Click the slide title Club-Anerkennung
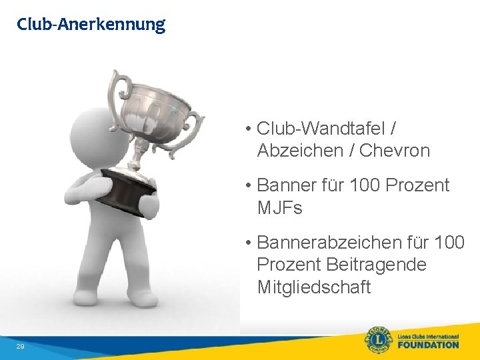tap(91, 25)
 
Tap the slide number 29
tap(20, 347)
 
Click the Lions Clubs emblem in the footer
tap(379, 340)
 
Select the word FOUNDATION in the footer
tap(428, 345)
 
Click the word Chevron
tap(395, 151)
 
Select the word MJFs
tap(280, 208)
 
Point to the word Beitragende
tap(376, 265)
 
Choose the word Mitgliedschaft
tap(313, 287)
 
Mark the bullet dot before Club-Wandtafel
tap(247, 129)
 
